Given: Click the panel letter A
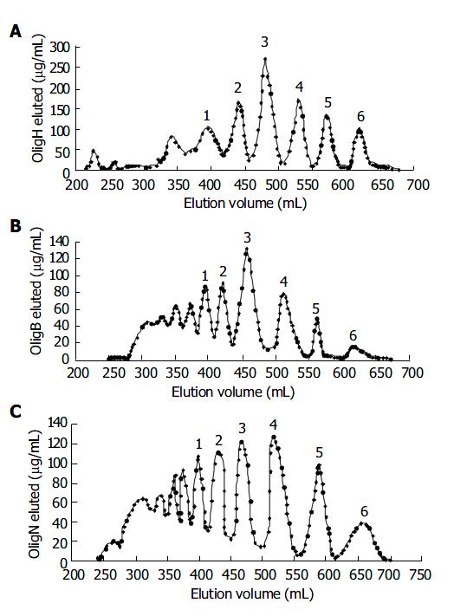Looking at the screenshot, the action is (15, 31).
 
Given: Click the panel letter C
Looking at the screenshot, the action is (15, 411).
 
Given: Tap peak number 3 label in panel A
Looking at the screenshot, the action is (265, 42).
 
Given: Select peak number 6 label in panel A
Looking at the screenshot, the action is (360, 116).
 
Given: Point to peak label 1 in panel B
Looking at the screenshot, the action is (204, 276).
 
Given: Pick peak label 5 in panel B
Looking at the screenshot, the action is (315, 308).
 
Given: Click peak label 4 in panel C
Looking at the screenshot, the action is (273, 425).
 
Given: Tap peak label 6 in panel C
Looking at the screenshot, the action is (364, 511).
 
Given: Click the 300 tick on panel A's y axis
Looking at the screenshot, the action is (60, 48).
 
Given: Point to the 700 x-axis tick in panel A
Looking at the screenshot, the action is (418, 185).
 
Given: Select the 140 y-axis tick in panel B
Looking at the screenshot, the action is (60, 242).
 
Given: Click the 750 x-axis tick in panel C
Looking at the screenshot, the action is (420, 575).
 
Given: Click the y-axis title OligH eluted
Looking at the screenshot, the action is (38, 99).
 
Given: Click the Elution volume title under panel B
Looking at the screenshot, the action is (233, 392).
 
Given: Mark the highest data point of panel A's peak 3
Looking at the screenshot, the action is (265, 59).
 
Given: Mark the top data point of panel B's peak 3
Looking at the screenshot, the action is (247, 249).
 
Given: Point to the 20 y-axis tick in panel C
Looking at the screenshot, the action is (61, 542).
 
